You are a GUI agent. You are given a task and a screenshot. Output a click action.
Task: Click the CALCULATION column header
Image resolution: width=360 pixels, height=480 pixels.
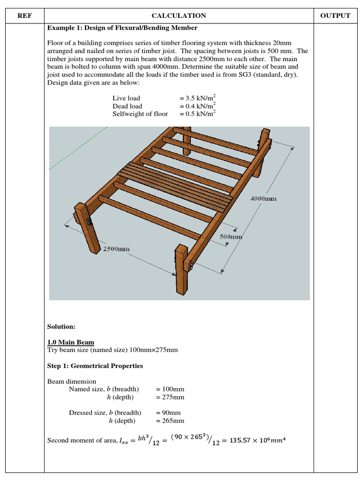pyautogui.click(x=179, y=15)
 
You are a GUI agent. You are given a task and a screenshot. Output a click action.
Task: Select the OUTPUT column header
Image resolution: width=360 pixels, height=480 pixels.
pyautogui.click(x=335, y=15)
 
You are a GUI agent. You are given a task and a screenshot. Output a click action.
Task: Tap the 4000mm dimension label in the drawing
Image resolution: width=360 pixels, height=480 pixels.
pyautogui.click(x=263, y=198)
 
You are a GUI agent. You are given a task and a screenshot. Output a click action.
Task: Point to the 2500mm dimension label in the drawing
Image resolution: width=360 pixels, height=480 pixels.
pyautogui.click(x=116, y=249)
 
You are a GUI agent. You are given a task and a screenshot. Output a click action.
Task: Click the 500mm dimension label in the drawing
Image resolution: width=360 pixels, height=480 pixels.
pyautogui.click(x=231, y=237)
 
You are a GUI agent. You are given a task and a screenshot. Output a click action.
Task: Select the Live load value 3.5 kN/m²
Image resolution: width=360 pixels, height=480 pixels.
pyautogui.click(x=197, y=98)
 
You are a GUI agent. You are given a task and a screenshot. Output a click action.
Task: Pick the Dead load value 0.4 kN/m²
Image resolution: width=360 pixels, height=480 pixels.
pyautogui.click(x=197, y=106)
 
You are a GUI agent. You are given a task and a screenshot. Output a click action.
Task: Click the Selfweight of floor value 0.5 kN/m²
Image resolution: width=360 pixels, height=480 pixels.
pyautogui.click(x=197, y=114)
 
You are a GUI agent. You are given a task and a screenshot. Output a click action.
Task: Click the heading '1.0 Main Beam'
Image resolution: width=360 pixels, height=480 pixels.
pyautogui.click(x=71, y=343)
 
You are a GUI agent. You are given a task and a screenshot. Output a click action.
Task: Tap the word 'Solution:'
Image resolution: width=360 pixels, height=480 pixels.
pyautogui.click(x=61, y=326)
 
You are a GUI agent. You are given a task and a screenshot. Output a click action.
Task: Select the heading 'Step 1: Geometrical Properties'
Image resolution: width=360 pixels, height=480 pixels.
pyautogui.click(x=95, y=366)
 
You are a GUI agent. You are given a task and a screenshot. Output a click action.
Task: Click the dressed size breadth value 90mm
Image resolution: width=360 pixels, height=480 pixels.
pyautogui.click(x=168, y=413)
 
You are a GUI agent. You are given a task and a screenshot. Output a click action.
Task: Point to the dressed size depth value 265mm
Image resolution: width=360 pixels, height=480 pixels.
pyautogui.click(x=170, y=421)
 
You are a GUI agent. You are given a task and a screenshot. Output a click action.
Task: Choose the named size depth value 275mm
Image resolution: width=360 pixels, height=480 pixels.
pyautogui.click(x=170, y=397)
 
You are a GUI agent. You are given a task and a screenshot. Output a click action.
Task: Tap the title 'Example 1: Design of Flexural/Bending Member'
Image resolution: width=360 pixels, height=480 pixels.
pyautogui.click(x=119, y=28)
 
